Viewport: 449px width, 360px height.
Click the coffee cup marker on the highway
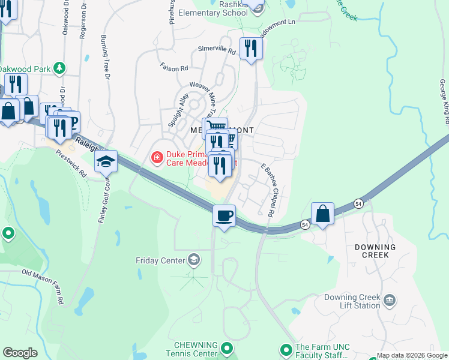pos(224,216)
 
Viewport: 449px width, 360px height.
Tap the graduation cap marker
pos(106,162)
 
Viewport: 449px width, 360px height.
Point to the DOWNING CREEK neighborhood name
pos(375,251)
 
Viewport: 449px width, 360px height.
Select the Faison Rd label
pos(174,68)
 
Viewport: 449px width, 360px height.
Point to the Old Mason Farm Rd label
pos(43,286)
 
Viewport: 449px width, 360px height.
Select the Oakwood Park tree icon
pos(59,68)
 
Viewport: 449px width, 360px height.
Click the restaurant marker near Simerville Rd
pos(250,49)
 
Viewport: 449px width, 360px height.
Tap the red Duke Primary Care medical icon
pos(157,158)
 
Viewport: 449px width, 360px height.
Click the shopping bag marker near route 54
pos(322,213)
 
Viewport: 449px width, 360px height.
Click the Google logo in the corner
pos(20,353)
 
